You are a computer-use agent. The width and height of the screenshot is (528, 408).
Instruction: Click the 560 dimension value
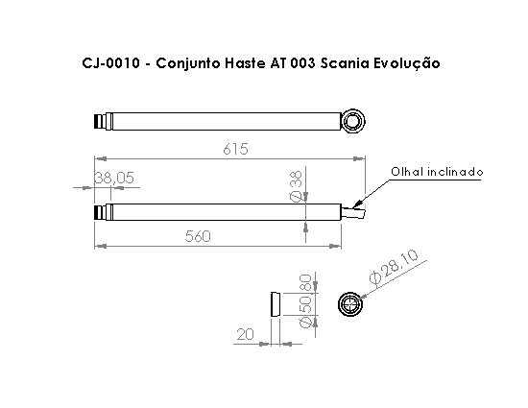tap(197, 237)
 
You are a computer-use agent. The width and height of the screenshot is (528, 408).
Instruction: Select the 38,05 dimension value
tap(114, 178)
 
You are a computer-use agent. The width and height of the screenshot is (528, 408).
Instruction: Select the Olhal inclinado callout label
tap(436, 172)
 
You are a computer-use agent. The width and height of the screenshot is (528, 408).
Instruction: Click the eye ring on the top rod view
tap(353, 121)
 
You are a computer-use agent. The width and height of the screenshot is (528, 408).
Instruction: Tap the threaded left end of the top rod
tap(100, 122)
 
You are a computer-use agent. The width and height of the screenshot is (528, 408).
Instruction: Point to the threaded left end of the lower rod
tap(100, 212)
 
